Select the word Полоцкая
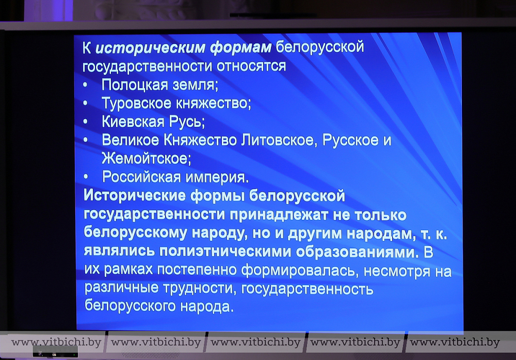point(135,85)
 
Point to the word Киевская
point(133,121)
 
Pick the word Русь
point(187,122)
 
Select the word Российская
point(141,177)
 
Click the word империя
point(217,178)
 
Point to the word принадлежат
point(279,215)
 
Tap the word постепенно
point(197,270)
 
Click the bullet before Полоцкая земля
point(85,85)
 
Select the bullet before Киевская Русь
point(86,122)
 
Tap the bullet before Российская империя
point(86,177)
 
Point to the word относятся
point(251,66)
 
